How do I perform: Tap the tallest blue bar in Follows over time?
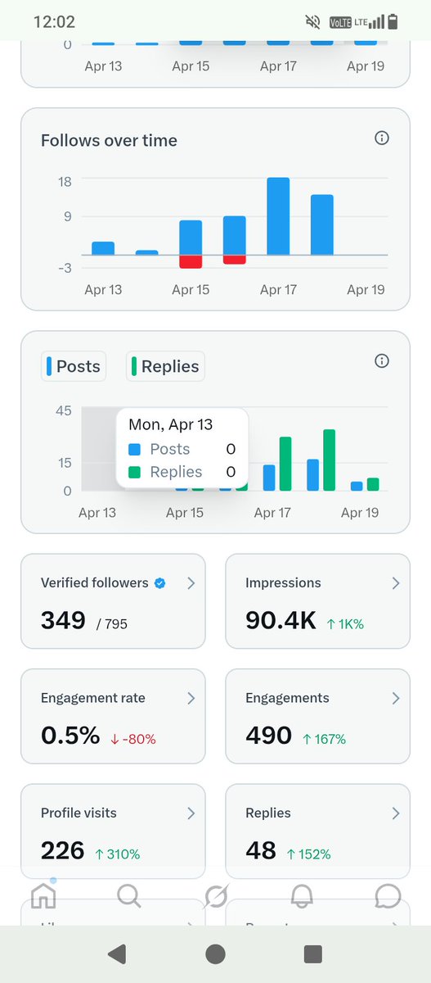pos(278,216)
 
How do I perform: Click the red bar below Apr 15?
pos(191,261)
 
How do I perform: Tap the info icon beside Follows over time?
pos(381,138)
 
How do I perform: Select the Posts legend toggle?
pos(74,366)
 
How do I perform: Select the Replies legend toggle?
pos(165,366)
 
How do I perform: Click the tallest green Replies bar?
pos(330,460)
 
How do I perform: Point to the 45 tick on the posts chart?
pos(63,411)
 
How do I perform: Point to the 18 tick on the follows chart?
pos(65,182)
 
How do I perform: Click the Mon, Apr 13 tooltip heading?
pos(170,424)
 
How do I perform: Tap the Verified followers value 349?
pos(63,621)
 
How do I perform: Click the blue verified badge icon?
pos(160,582)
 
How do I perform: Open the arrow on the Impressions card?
pos(395,583)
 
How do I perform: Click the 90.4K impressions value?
pos(280,621)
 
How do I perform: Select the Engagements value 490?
pos(268,736)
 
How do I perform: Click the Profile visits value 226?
pos(62,850)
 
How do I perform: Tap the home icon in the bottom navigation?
pos(43,895)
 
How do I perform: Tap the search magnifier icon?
pos(128,895)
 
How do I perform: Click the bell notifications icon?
pos(302,895)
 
